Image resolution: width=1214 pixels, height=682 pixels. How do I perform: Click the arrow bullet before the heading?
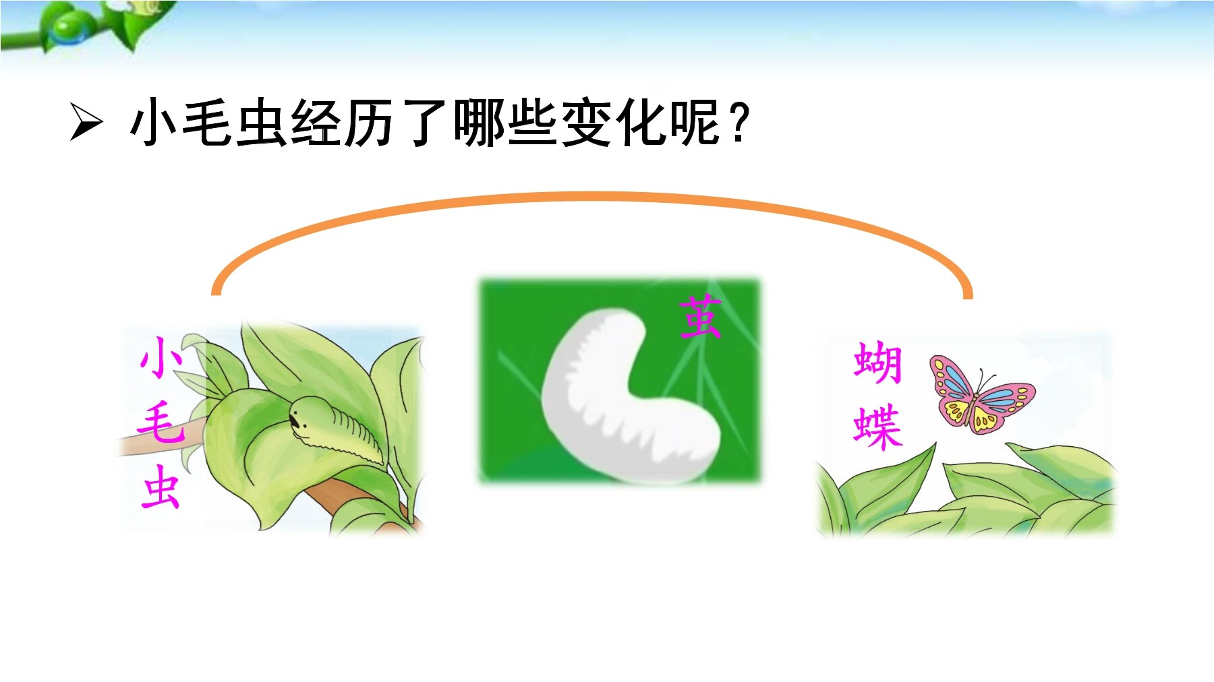click(x=86, y=123)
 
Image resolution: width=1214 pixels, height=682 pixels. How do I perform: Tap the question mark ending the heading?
click(x=739, y=123)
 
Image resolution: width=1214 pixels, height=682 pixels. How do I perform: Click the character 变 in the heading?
click(x=587, y=123)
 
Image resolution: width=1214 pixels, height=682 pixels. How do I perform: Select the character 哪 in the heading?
click(x=480, y=123)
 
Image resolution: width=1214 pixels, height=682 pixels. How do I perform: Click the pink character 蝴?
click(x=877, y=363)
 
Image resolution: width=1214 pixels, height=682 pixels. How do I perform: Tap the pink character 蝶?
click(x=877, y=426)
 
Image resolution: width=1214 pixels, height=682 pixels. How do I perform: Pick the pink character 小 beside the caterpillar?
click(x=161, y=357)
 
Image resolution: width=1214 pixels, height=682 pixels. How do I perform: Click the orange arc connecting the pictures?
click(x=592, y=197)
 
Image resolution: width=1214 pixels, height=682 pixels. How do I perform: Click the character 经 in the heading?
click(x=318, y=123)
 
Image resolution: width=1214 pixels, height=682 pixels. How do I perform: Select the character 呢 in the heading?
click(x=695, y=123)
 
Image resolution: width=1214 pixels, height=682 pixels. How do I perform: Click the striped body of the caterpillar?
click(x=351, y=431)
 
